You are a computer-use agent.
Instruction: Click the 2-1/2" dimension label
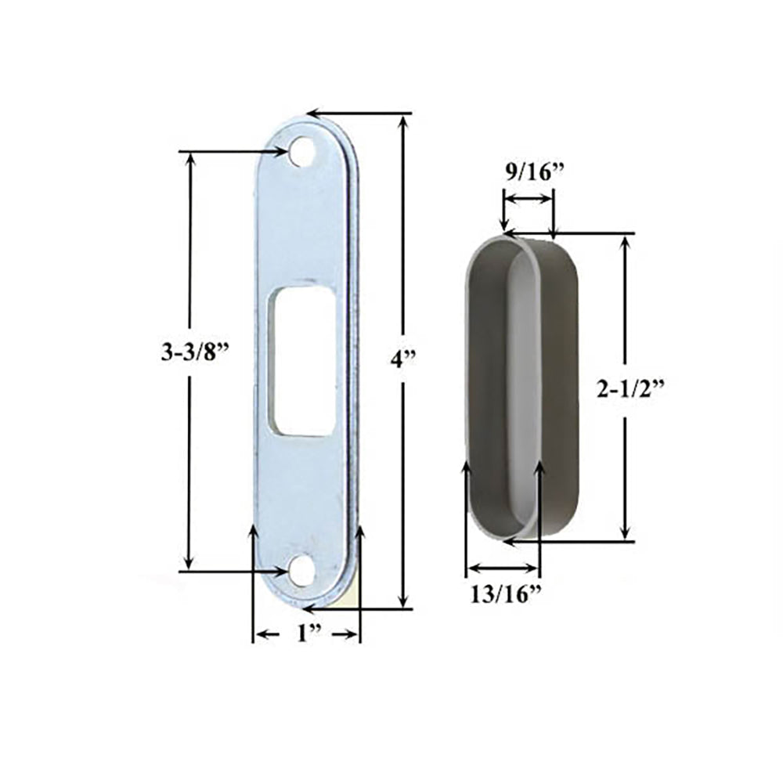click(630, 389)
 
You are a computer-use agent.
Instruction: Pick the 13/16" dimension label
click(506, 594)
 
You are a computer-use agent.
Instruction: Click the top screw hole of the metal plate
click(298, 152)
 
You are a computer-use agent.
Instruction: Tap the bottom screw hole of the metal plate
click(298, 572)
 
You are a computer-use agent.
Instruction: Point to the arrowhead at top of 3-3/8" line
click(189, 158)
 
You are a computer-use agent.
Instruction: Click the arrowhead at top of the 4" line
click(404, 120)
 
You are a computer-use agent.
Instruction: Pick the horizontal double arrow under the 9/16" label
click(529, 200)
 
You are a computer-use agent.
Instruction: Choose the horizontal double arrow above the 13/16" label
click(503, 568)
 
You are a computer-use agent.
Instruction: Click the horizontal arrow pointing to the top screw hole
click(235, 152)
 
